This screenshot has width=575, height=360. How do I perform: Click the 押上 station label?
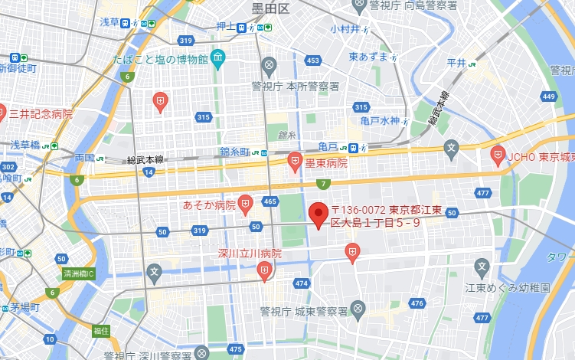[226, 26]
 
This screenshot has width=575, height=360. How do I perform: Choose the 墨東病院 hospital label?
[326, 162]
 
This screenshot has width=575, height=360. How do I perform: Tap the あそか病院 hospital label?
[208, 205]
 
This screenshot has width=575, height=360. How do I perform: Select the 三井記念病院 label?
[41, 113]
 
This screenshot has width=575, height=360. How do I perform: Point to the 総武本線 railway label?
[145, 160]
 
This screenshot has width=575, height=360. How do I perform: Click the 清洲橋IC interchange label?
[78, 273]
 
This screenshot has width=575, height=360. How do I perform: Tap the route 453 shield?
[312, 60]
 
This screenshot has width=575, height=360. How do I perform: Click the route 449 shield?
[548, 97]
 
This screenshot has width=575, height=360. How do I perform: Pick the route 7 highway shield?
[325, 184]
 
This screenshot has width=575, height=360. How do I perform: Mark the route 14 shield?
[149, 172]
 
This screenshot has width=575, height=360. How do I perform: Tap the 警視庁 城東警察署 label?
[304, 312]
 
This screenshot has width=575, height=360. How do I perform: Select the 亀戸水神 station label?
[380, 120]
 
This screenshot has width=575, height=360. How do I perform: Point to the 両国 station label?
[84, 158]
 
